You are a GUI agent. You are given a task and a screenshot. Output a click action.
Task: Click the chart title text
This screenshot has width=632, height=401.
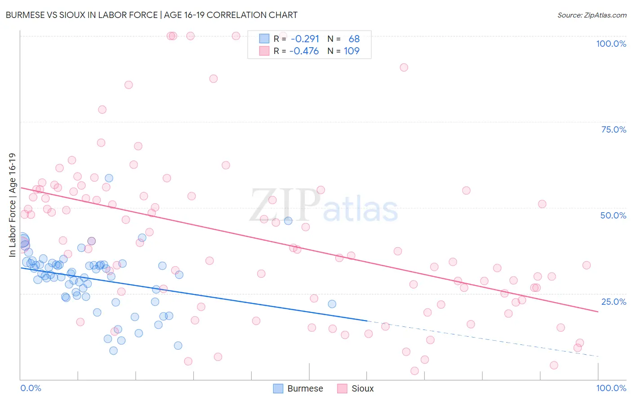(151, 15)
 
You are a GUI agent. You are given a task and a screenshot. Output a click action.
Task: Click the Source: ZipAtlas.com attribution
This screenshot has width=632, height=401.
(592, 15)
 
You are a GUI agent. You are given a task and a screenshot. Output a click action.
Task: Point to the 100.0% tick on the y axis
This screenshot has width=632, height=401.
(611, 44)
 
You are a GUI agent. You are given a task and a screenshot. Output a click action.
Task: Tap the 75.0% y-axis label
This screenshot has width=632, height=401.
(614, 129)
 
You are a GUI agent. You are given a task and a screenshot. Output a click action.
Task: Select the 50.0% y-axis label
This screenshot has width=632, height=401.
(613, 215)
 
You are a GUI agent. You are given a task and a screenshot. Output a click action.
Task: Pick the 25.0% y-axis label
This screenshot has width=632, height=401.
(614, 302)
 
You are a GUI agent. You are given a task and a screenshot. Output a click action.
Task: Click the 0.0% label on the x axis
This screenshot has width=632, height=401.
(31, 388)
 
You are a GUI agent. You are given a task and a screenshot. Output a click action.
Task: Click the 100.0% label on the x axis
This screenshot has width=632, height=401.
(611, 388)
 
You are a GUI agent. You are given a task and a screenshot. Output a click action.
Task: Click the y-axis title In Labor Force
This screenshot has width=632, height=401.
(12, 205)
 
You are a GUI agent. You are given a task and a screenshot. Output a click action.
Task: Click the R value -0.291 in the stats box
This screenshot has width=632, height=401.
(305, 39)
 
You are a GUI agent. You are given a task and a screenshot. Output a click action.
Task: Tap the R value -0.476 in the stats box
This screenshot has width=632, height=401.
(304, 51)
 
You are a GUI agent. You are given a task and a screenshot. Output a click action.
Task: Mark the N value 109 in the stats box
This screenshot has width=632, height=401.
(352, 51)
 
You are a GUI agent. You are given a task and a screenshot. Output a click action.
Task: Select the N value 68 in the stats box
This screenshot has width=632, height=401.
(354, 39)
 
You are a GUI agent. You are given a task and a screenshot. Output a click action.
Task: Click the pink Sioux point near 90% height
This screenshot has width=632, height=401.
(404, 67)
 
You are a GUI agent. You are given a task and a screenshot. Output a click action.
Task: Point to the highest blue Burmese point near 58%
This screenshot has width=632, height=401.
(109, 178)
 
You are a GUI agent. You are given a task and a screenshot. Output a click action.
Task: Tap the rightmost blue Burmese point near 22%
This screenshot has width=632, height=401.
(332, 304)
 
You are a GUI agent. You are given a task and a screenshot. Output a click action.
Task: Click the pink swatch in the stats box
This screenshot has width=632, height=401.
(264, 51)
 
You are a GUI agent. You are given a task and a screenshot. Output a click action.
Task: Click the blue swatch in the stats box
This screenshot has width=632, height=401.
(264, 39)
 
